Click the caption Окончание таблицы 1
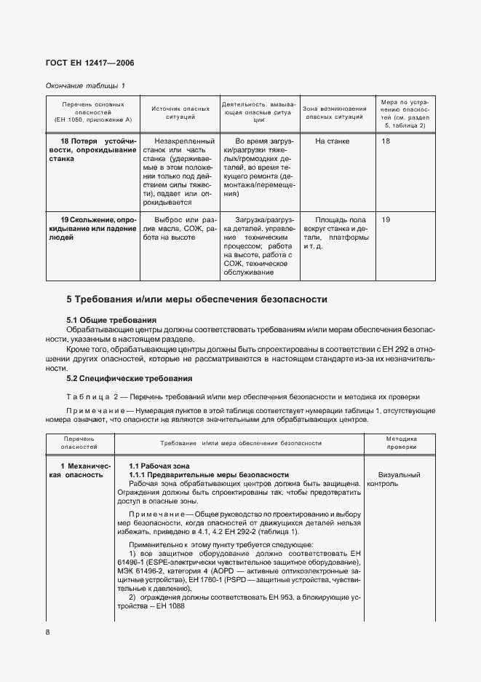[85, 86]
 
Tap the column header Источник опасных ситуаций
[174, 112]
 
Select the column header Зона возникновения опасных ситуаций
[335, 112]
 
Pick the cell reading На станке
[333, 141]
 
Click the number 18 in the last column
[386, 141]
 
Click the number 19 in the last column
[386, 219]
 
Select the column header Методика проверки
[402, 444]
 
